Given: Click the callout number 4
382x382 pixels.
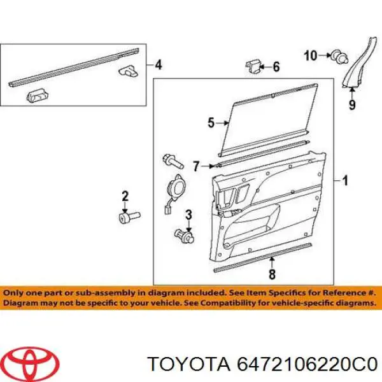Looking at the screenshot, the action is (159, 65).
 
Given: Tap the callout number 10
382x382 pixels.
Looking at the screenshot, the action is (311, 55).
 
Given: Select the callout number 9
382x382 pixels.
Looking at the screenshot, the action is (352, 105).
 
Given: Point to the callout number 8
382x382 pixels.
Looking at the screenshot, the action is (272, 274).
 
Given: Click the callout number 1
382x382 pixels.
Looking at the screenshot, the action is (345, 181).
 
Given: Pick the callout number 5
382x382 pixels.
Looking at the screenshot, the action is (211, 122).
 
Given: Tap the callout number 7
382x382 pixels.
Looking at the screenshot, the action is (196, 166).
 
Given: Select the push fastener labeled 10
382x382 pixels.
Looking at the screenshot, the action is (339, 57).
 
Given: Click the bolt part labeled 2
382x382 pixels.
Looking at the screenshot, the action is (129, 216).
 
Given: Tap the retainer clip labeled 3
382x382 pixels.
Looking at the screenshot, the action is (185, 236).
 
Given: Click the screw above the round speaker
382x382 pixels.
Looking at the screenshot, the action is (173, 161).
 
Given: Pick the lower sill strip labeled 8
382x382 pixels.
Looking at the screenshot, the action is (262, 257).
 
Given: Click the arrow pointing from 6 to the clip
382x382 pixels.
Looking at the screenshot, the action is (265, 66).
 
